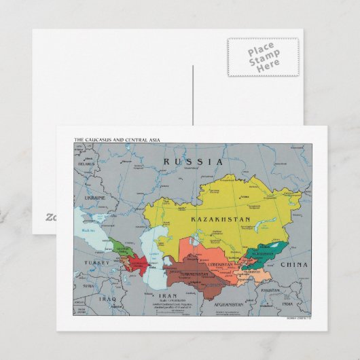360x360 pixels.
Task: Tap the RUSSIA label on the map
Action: [194, 162]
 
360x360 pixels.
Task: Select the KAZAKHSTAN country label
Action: [221, 219]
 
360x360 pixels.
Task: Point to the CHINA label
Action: [293, 264]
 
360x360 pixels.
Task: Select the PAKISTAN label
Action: [270, 290]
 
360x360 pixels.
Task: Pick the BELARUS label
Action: [85, 164]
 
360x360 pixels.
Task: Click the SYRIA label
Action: [88, 286]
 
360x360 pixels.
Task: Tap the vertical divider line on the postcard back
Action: [193, 95]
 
